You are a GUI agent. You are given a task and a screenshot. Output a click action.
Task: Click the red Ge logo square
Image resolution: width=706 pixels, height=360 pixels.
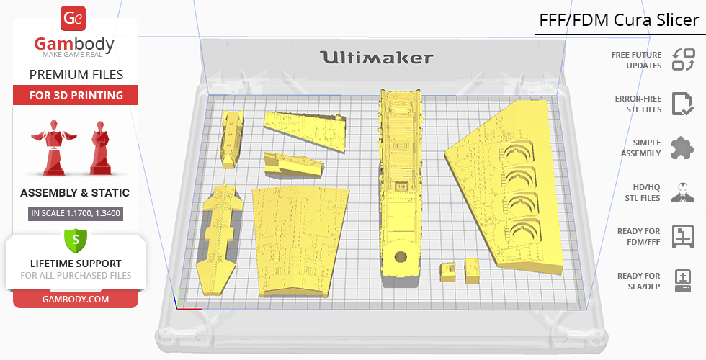(73, 19)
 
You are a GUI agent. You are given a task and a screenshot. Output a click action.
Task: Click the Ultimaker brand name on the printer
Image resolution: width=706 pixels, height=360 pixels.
(376, 58)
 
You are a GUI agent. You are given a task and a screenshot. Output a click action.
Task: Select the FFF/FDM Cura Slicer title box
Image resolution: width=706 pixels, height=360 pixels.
(620, 18)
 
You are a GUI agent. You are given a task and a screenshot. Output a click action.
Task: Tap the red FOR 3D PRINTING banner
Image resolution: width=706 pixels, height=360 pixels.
(76, 95)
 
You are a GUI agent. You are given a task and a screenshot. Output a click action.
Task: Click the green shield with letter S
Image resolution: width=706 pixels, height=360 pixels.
(75, 240)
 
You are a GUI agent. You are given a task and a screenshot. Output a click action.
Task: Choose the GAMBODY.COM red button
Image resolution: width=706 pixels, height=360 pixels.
(76, 300)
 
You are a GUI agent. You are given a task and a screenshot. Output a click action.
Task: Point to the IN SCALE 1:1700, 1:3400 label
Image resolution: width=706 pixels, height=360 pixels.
(76, 213)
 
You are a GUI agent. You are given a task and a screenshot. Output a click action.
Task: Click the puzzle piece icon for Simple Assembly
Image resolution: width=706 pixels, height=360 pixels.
(682, 148)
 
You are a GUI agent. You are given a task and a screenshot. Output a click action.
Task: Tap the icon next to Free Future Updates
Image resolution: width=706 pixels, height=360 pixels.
(684, 60)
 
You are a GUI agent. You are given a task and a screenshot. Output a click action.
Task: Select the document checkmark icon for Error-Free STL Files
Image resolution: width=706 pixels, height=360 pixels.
(683, 104)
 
